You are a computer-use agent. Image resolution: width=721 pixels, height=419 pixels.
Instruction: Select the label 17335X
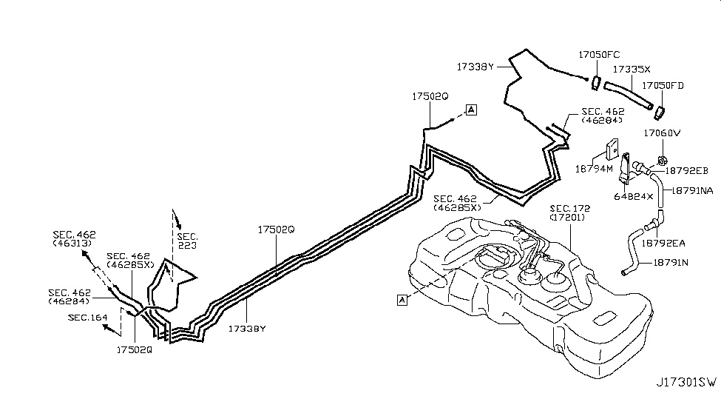click(631, 68)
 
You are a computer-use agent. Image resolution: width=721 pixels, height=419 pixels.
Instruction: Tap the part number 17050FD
click(663, 86)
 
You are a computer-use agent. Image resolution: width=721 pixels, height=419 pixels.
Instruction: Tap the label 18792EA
click(663, 242)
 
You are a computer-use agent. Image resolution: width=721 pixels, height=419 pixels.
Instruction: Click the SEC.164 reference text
click(86, 317)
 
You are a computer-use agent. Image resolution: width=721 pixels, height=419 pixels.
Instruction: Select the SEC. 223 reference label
click(188, 238)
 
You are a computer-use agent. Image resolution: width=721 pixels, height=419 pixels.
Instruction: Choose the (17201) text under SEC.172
click(568, 218)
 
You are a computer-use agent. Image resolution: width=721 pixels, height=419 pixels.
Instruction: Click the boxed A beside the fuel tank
click(402, 299)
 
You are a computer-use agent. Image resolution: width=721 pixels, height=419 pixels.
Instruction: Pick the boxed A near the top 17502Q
click(472, 110)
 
